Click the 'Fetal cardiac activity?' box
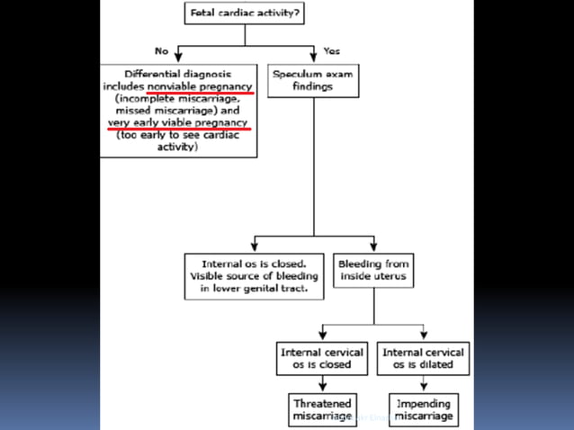tap(245, 13)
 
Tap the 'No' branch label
tap(161, 50)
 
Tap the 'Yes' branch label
tap(331, 50)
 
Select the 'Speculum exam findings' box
tap(313, 80)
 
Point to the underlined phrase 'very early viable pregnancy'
tap(177, 122)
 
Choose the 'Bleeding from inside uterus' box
tap(373, 271)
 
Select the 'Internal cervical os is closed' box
tap(322, 358)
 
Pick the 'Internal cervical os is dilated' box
tap(423, 358)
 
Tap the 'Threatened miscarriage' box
tap(322, 409)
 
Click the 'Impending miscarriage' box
tap(423, 409)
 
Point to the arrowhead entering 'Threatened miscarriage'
tap(322, 388)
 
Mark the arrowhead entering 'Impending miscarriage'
tap(423, 388)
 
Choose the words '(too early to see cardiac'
tap(178, 135)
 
